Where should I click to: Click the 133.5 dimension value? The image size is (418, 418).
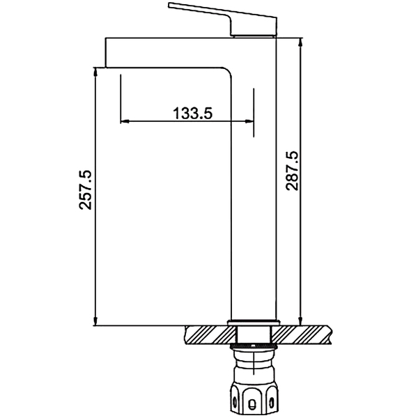pos(193,114)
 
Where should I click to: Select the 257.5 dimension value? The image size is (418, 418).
pos(85,189)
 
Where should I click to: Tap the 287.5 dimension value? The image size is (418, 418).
pos(292,171)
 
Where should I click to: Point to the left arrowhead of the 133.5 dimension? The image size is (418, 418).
pos(125,121)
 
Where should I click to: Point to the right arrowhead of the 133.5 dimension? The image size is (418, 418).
pos(249,121)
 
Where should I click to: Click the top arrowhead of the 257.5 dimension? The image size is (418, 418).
pos(95,72)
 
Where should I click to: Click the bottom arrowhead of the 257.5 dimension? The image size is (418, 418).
pos(95,321)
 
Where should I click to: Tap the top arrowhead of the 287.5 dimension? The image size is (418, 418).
pos(301,42)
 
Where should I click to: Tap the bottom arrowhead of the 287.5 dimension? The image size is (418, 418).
pos(301,321)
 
